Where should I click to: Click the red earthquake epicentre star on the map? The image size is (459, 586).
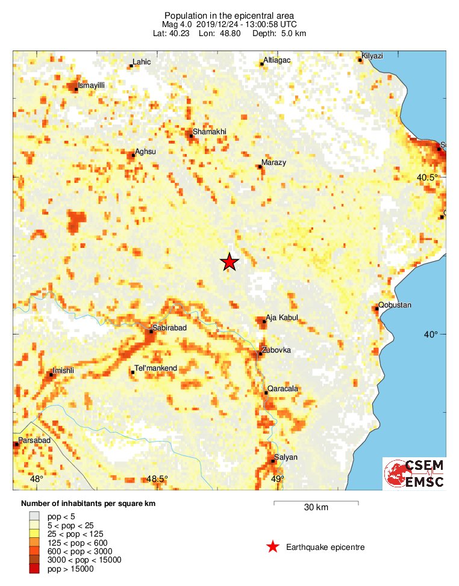pos(229,262)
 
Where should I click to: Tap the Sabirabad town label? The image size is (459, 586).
pos(170,328)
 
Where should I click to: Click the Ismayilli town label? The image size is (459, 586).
pos(92,85)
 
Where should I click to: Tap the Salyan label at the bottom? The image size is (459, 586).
pos(286,457)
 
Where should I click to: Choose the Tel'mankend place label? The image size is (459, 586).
pos(156,368)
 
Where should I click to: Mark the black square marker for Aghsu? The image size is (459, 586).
pos(133,155)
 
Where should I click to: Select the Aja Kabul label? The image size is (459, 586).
pos(281,318)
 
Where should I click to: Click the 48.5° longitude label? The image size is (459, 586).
pos(157,479)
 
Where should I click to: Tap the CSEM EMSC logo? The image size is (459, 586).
pos(414,473)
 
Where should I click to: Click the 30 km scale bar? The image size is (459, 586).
pos(316,502)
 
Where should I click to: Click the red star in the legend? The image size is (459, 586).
pos(273,547)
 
